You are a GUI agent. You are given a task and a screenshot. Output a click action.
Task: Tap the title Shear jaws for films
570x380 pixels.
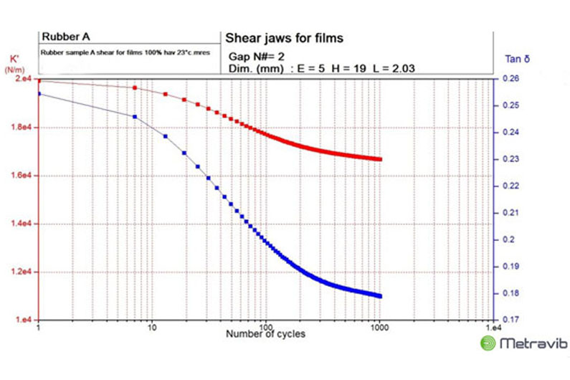pyautogui.click(x=285, y=37)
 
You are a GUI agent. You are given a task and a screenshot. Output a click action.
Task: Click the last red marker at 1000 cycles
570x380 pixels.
pyautogui.click(x=379, y=159)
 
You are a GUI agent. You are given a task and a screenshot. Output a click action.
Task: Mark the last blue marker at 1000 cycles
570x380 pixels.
pyautogui.click(x=379, y=296)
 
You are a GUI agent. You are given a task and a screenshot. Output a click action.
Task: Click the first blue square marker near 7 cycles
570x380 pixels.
pyautogui.click(x=135, y=116)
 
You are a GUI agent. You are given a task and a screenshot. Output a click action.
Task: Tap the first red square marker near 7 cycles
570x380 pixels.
pyautogui.click(x=135, y=87)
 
